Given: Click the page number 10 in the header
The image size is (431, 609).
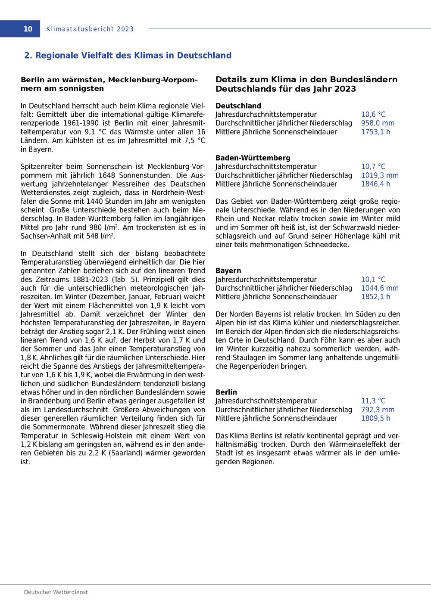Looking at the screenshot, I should click(x=28, y=29).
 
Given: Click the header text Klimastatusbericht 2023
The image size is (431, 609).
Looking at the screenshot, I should click(x=90, y=29).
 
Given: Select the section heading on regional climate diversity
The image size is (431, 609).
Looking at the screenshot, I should click(x=128, y=56).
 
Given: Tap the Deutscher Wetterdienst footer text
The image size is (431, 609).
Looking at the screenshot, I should click(x=56, y=592).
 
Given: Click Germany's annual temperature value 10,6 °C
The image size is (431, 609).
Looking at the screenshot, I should click(x=373, y=115).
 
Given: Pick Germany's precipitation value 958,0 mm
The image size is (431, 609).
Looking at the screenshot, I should click(x=378, y=123).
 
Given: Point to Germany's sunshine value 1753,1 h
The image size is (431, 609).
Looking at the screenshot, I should click(x=375, y=132).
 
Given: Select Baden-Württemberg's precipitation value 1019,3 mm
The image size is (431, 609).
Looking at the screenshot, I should click(x=380, y=175).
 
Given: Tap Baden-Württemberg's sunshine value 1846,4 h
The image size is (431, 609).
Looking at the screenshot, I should click(x=375, y=184).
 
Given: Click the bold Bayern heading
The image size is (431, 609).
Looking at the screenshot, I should click(x=228, y=271).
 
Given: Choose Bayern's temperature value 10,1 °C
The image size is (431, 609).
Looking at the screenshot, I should click(x=373, y=280).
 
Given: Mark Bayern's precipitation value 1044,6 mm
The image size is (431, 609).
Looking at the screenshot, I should click(x=380, y=288).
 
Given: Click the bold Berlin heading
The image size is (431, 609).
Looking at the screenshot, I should click(x=226, y=392).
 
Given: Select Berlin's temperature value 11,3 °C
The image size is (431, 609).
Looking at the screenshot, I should click(x=373, y=401).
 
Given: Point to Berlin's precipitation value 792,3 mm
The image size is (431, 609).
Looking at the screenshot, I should click(x=378, y=410).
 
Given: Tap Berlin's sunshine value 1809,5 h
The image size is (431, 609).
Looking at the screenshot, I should click(x=375, y=418).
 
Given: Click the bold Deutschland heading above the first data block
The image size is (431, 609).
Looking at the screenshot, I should click(x=238, y=106).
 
